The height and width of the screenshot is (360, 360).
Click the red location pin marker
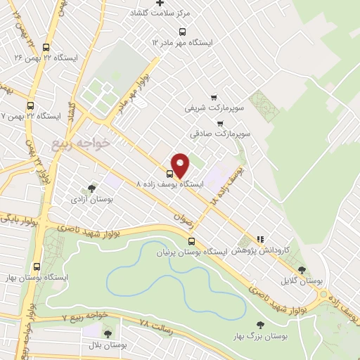[x=180, y=165]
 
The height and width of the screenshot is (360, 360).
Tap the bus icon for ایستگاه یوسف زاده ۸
[x=169, y=174]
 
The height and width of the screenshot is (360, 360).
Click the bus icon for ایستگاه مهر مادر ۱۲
[x=183, y=32]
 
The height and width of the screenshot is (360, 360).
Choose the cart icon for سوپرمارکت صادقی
[x=219, y=123]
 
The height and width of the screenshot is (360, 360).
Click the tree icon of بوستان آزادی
[x=91, y=188]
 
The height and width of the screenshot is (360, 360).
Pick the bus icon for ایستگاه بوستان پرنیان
[x=192, y=240]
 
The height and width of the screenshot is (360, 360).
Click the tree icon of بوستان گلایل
[x=302, y=269]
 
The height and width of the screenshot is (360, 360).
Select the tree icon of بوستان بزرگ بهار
[x=260, y=325]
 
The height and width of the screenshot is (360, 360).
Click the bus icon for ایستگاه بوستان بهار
[x=37, y=266]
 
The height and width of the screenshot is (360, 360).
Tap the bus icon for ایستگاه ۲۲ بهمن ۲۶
[x=46, y=47]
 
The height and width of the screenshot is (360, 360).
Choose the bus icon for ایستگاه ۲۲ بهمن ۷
[x=30, y=106]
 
